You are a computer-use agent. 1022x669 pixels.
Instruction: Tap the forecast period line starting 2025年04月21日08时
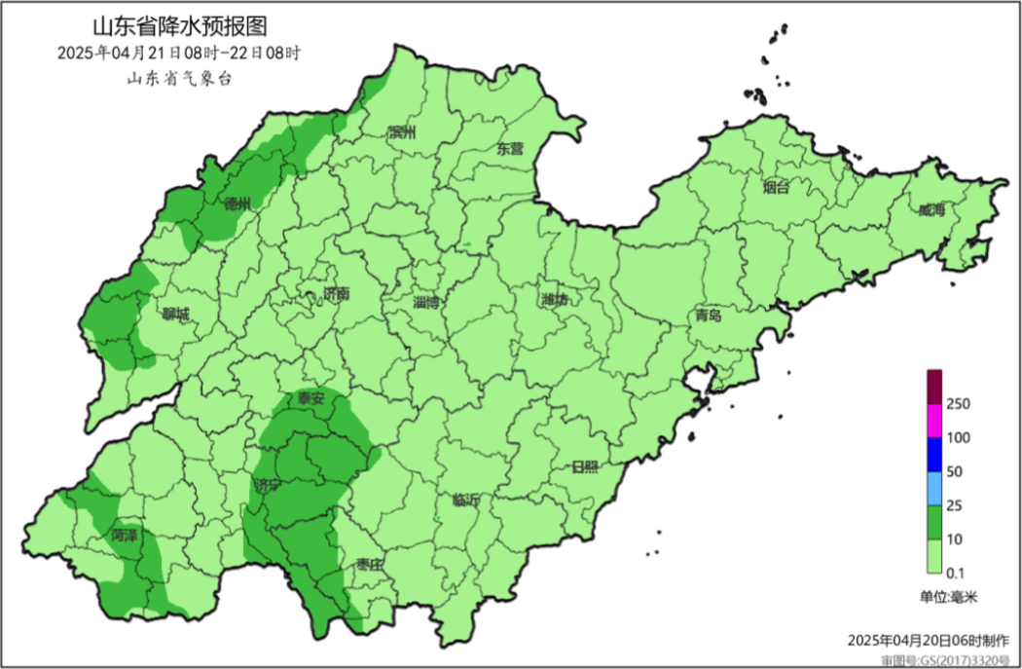coord(179,53)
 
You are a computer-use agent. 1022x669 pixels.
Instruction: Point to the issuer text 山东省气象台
coord(179,80)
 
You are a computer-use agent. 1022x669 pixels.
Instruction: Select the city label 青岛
coord(710,316)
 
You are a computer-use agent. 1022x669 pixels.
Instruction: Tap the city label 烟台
coord(776,188)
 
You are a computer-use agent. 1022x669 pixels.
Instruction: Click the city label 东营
coord(510,149)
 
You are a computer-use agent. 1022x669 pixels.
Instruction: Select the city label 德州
coord(237,204)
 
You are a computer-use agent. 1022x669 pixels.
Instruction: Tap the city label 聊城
coord(176,315)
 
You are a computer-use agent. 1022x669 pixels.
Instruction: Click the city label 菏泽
coord(125,536)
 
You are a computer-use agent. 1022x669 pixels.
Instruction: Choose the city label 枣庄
coord(371,564)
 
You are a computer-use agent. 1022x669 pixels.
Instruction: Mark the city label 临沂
coord(465,501)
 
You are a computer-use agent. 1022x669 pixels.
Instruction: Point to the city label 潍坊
coord(555,301)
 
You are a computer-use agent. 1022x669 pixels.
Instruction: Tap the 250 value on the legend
coord(959,403)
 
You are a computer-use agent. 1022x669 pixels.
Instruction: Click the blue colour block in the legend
coord(932,453)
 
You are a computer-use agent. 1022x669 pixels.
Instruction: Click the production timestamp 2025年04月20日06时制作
coord(928,640)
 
